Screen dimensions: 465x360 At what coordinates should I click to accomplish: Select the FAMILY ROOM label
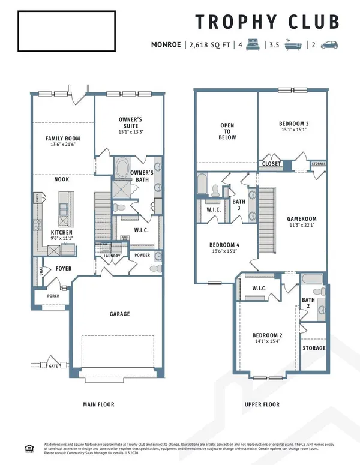click(x=63, y=139)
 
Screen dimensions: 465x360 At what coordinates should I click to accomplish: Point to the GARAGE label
click(x=119, y=314)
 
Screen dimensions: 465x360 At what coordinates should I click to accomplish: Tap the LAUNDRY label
click(x=112, y=256)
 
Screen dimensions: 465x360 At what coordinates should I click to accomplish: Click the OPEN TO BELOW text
click(x=227, y=131)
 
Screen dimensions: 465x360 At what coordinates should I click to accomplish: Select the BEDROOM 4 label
click(x=224, y=245)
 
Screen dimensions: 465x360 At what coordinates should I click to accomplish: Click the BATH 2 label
click(x=308, y=303)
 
